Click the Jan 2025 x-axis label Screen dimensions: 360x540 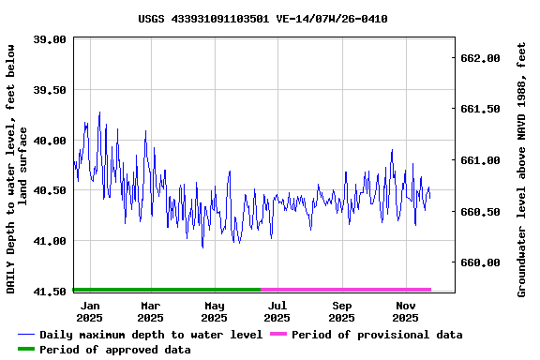90,311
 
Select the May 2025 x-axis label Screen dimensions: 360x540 215,311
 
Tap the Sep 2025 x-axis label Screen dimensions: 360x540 342,311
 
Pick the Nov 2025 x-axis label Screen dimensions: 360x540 405,311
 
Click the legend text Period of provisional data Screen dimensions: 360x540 377,335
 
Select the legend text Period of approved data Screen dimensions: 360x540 114,350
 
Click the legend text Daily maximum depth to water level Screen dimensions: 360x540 150,335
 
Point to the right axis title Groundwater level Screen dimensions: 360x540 522,169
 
